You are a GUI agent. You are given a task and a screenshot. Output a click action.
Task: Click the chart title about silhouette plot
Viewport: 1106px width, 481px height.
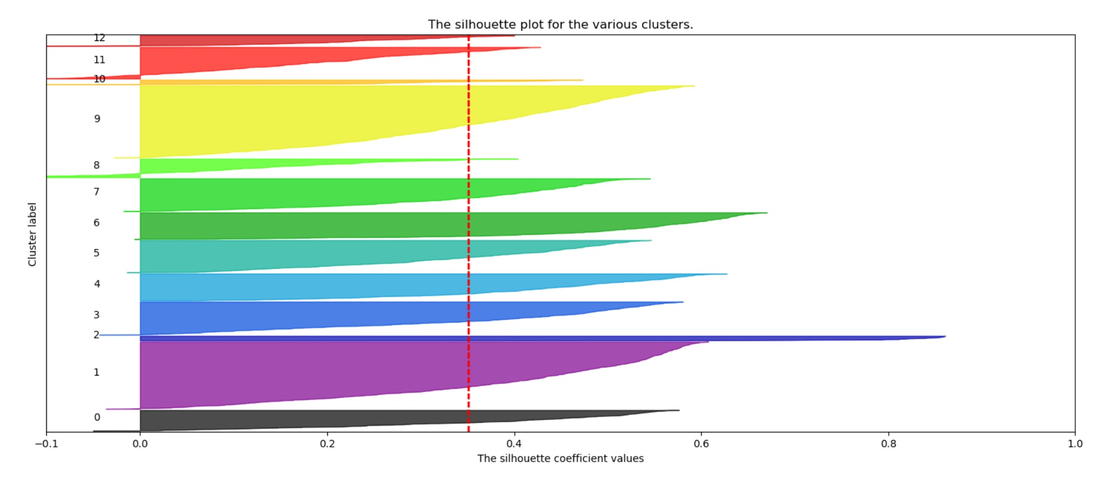tap(560, 25)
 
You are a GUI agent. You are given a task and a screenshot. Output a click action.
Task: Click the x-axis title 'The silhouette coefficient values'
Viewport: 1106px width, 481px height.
tap(560, 458)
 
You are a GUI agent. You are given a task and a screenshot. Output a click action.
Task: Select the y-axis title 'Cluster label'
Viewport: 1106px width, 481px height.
tap(32, 234)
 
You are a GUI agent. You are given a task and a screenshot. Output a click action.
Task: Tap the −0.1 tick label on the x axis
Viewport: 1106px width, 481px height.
tap(46, 443)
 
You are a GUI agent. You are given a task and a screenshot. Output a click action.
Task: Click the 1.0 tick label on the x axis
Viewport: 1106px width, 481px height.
tap(1075, 443)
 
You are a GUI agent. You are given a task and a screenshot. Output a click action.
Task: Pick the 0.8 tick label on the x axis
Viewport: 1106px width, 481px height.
tap(888, 443)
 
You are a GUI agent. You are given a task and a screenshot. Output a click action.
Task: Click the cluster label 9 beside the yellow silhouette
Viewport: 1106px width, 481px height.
tap(97, 119)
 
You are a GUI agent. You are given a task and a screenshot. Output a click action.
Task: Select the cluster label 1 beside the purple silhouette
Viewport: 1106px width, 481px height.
tap(96, 372)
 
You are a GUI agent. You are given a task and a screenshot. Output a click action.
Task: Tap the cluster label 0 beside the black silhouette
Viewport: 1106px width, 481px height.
tap(97, 417)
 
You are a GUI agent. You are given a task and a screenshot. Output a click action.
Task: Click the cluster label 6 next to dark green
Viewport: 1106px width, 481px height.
tap(96, 223)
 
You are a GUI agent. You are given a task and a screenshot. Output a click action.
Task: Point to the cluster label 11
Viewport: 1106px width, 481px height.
tap(99, 60)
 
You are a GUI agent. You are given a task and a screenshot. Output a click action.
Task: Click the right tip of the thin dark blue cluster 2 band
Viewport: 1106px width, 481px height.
tap(944, 337)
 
